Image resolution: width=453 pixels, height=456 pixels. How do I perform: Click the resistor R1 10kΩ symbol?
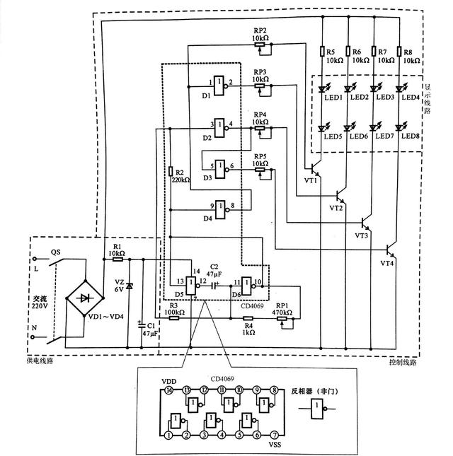click(x=117, y=259)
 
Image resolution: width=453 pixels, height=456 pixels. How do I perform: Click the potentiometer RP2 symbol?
click(x=260, y=45)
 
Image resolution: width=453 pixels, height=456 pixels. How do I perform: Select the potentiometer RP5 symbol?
click(x=260, y=169)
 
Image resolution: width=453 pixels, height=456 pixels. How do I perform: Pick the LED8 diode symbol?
click(x=400, y=128)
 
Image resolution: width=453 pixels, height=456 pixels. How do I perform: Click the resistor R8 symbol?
click(x=400, y=52)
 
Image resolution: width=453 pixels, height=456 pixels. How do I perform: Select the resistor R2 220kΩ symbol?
click(x=171, y=172)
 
